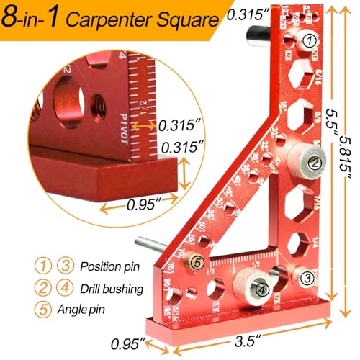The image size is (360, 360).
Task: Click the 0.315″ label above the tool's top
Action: [x=244, y=14]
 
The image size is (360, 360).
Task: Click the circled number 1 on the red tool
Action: [x=308, y=41]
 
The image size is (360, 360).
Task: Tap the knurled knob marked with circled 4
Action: [x=261, y=289]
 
